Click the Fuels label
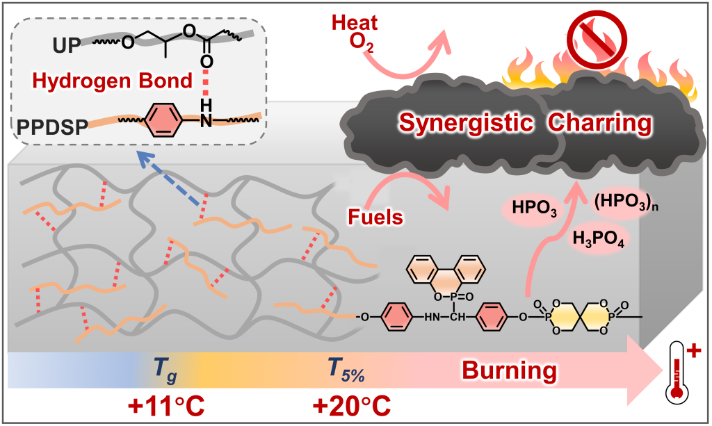tap(376, 217)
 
